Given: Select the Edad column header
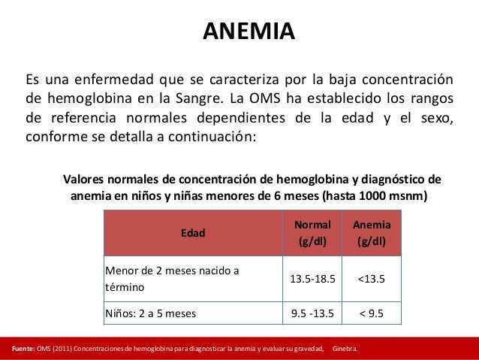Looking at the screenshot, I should coord(193,233).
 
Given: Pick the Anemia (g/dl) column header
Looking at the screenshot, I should coord(371,233).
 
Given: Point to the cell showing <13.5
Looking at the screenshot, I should coord(371,279).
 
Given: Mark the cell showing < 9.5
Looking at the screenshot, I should coord(371,313).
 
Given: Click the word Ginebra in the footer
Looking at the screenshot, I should coord(345,349).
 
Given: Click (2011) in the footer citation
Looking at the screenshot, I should coord(59,349).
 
